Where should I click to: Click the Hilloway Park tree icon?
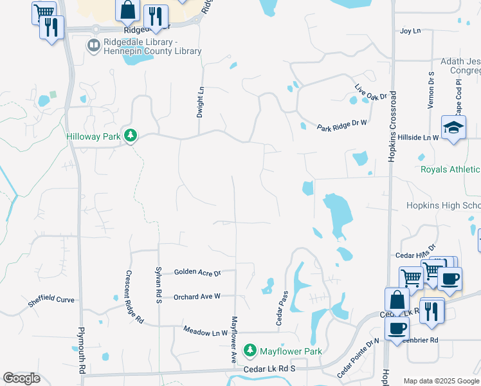point(131,135)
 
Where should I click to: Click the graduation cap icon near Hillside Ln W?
point(453,127)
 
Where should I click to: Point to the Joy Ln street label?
point(410,31)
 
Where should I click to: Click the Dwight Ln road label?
point(200,102)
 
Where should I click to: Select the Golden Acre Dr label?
point(197,273)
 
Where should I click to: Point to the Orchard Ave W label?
point(197,297)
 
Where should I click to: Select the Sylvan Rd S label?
point(159,287)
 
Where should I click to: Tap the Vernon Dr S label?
point(431,90)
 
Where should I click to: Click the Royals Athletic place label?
point(450,170)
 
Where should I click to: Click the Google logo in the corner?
point(21,378)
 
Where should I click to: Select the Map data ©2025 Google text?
point(441,381)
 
